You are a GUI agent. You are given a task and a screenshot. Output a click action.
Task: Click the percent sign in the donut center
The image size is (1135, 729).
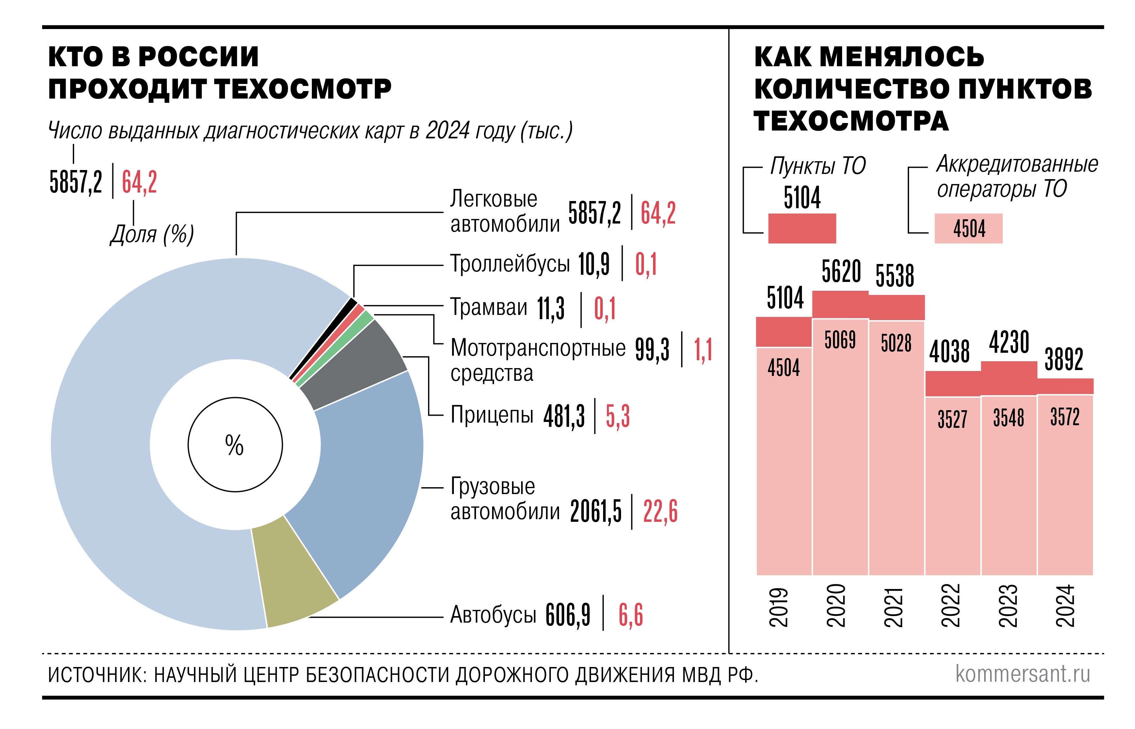pos(234,445)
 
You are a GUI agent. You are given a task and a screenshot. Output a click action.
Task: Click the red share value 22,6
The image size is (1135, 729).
pos(660,511)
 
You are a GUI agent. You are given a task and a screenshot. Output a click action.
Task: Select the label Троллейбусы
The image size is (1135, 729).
pos(509,264)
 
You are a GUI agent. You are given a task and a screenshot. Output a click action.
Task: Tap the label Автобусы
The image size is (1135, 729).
pos(493,615)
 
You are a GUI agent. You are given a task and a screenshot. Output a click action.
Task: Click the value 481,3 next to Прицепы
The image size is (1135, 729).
pos(563,416)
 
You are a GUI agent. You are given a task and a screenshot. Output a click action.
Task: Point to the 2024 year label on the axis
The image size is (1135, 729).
pos(1065,606)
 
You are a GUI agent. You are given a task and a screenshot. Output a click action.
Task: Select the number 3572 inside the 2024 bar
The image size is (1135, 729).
pos(1065,417)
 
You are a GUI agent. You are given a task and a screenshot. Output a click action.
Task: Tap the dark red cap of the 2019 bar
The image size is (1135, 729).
pos(784,331)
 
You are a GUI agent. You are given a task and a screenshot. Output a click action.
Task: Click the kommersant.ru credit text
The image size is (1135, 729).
pos(1022,673)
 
